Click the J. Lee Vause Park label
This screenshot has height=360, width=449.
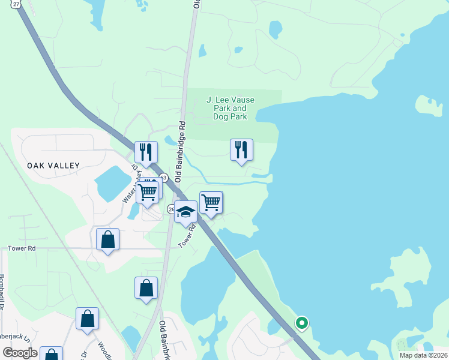230,108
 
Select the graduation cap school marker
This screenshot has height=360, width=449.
186,212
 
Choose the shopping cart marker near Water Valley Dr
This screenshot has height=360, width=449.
148,193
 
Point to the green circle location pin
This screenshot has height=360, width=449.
302,323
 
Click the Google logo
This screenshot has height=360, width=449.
20,353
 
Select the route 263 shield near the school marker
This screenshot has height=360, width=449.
170,208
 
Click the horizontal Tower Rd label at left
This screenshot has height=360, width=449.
22,248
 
